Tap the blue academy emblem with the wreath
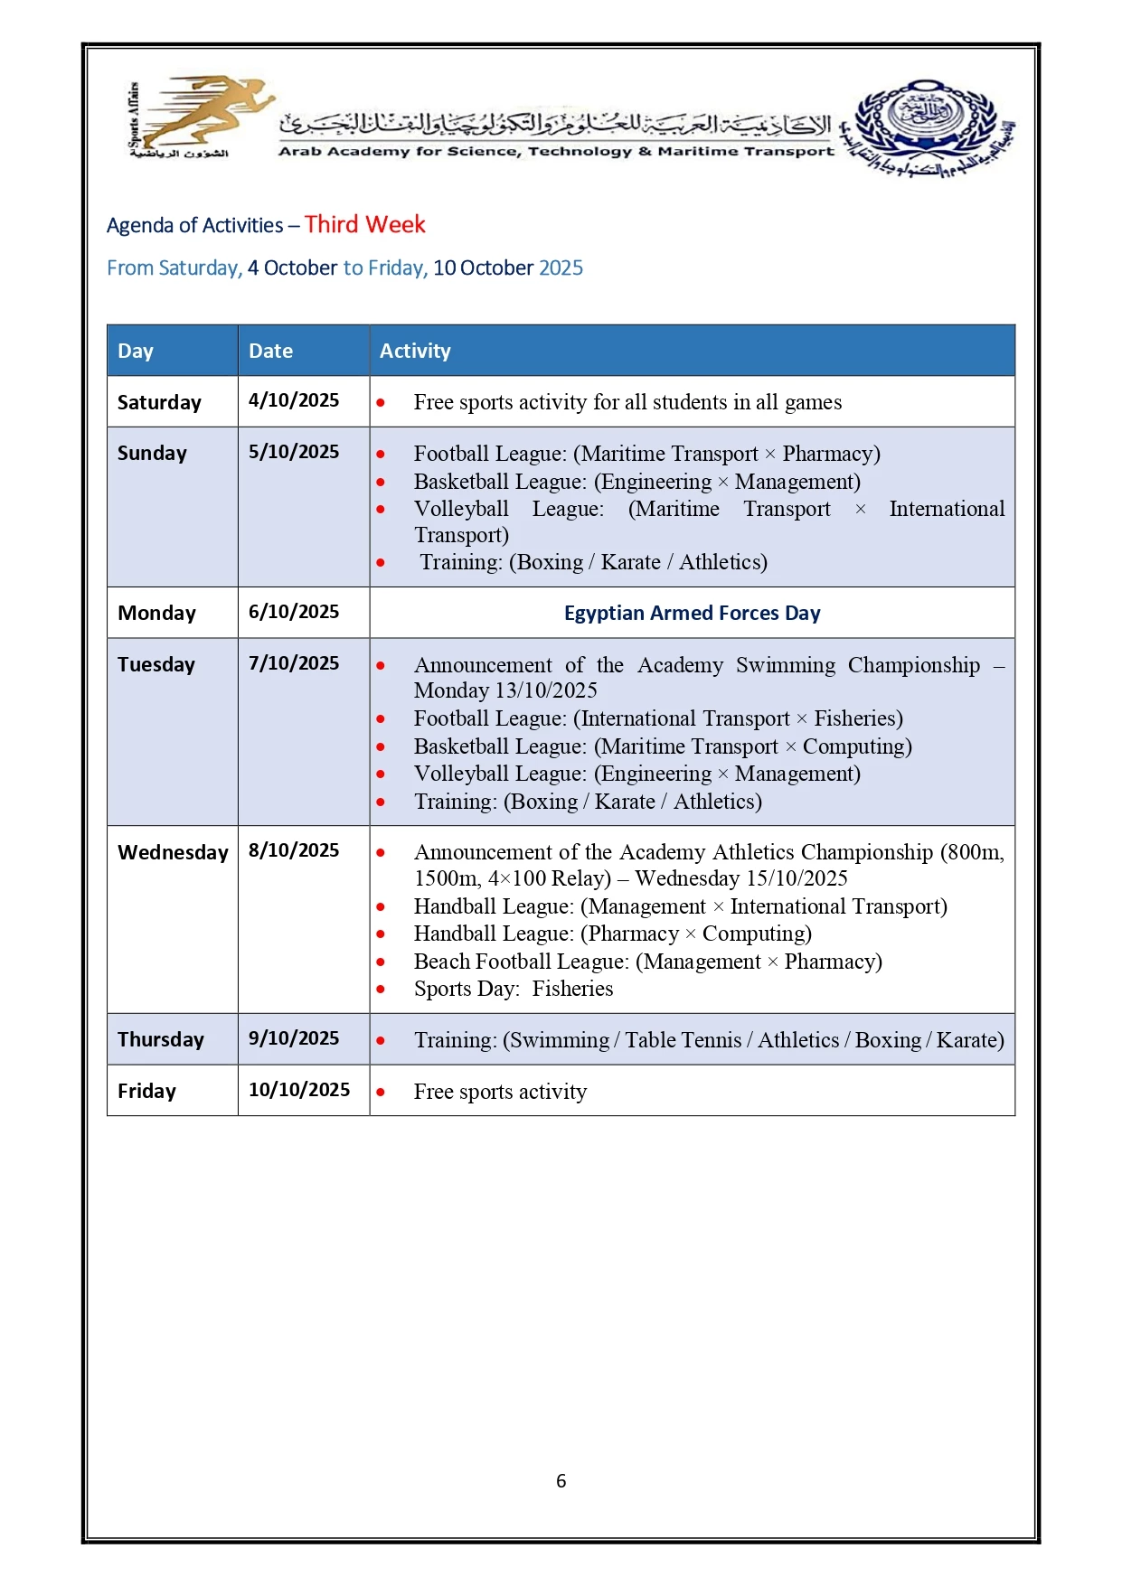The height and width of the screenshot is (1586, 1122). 926,126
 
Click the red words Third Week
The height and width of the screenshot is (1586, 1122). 364,224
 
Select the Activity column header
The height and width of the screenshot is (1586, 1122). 415,351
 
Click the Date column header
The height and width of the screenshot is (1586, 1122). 270,351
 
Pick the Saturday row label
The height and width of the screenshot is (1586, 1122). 159,402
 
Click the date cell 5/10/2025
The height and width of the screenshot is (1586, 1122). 294,452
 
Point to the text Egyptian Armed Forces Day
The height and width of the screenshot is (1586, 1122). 692,613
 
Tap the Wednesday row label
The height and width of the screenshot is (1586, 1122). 173,852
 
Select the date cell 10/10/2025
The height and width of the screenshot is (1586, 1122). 299,1090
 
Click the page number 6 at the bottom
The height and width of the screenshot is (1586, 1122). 561,1480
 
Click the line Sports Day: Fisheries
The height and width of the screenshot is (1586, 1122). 513,989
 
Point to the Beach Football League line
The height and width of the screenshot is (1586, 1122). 647,962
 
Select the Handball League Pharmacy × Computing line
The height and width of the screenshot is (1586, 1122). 612,934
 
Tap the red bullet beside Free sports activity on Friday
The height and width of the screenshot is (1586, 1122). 381,1092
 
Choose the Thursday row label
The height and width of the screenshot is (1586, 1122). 161,1039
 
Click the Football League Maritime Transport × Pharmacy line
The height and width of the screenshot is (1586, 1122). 646,454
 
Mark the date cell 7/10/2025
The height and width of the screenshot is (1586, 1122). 294,663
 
